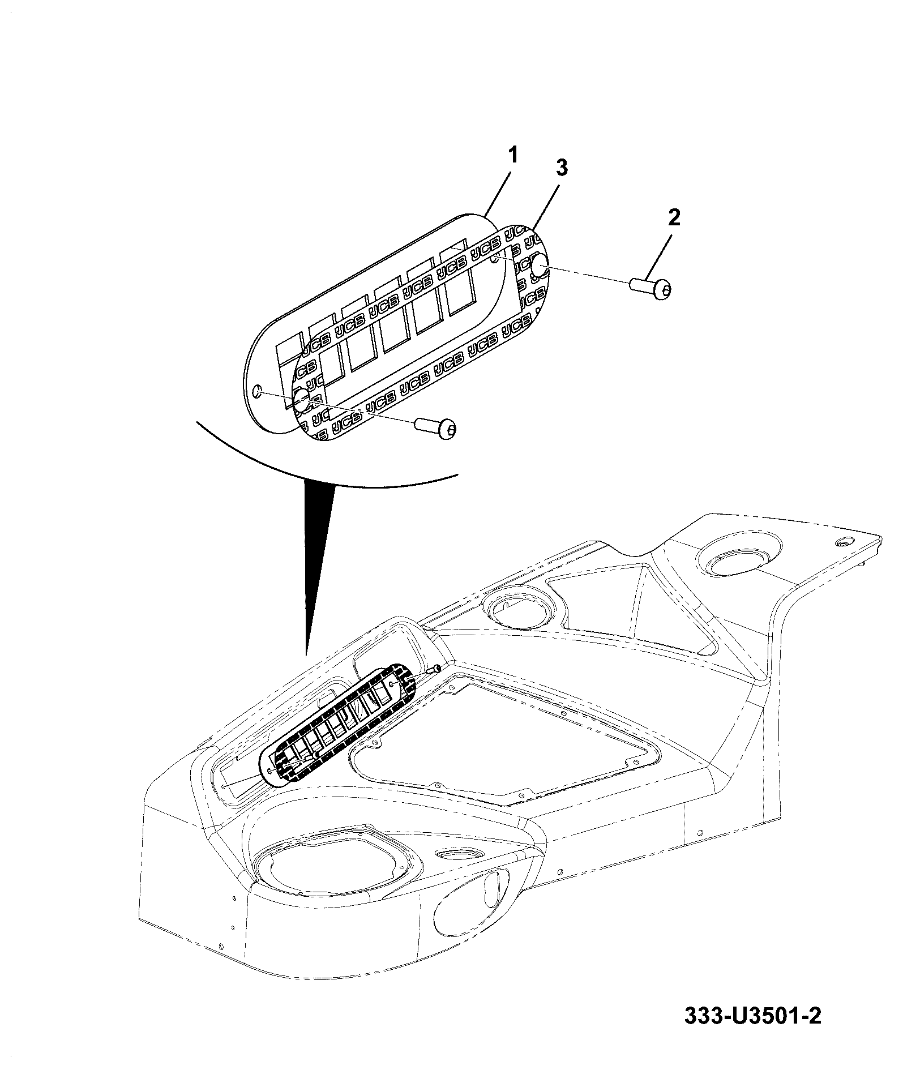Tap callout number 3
click(560, 168)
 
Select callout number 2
click(674, 217)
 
